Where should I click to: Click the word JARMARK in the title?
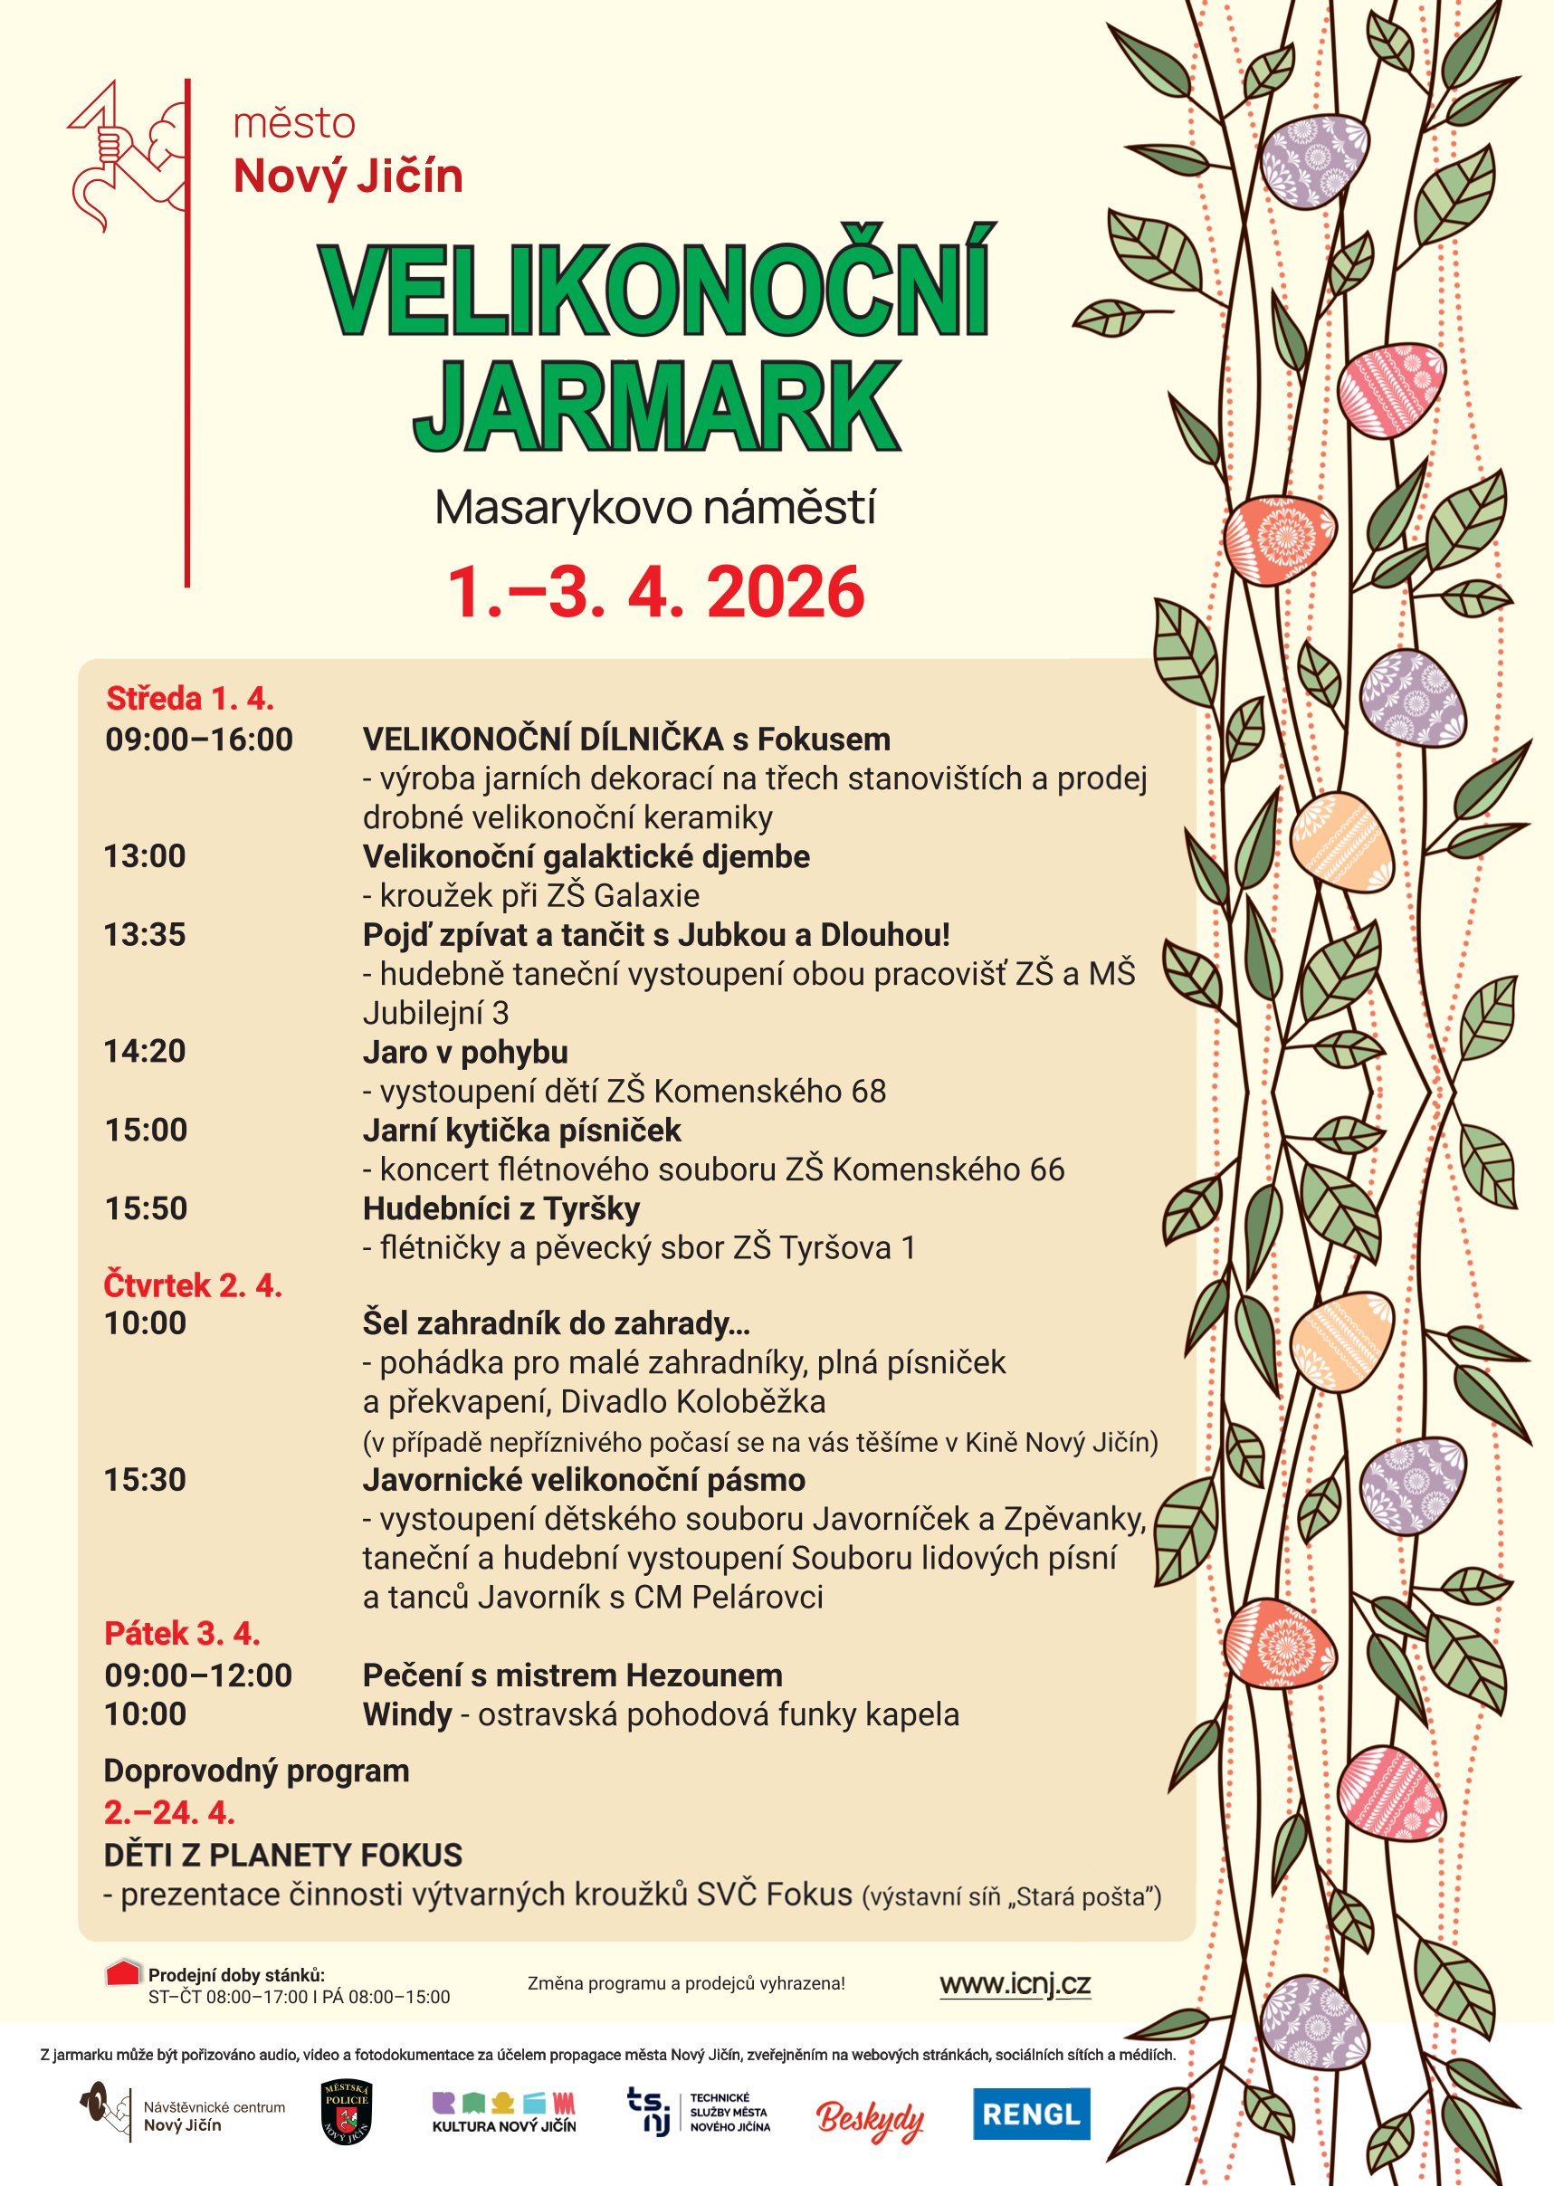[656, 406]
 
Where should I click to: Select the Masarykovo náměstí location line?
[655, 507]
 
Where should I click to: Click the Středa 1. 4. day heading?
[189, 699]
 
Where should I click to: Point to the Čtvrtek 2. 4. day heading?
[193, 1285]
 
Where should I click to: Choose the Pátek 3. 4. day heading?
[182, 1634]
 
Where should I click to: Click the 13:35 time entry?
[145, 934]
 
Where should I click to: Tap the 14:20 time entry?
[145, 1051]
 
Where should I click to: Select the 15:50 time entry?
[146, 1208]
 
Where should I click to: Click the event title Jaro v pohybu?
[465, 1052]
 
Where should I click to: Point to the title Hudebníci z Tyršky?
[501, 1208]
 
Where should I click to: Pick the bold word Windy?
[406, 1713]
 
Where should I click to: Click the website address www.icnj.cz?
[1015, 1984]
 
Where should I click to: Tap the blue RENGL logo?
[1031, 2114]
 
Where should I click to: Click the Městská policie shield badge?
[347, 2113]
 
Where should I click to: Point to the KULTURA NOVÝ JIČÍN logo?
[504, 2114]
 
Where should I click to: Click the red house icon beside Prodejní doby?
[123, 1973]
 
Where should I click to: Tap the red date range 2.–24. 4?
[169, 1812]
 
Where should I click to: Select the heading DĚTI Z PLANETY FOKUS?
[282, 1855]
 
